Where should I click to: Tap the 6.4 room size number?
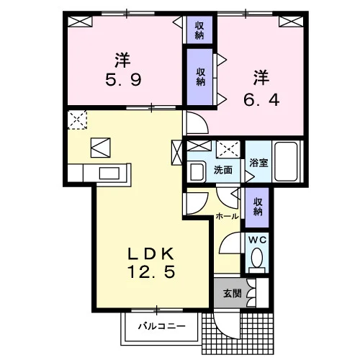[261, 99]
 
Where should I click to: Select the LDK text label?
[150, 254]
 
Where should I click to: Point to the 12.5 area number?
[151, 271]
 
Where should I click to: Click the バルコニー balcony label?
[162, 326]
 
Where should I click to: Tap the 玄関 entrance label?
[232, 293]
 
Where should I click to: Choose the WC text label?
[257, 240]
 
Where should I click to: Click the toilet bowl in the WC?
[257, 258]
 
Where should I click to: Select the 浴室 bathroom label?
[258, 163]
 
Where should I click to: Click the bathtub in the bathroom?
[286, 161]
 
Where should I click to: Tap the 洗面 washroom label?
[223, 170]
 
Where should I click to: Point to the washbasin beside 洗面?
[197, 171]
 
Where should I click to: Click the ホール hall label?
[227, 216]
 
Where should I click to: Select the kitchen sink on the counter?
[109, 174]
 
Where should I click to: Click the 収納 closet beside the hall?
[257, 207]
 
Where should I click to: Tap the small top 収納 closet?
[199, 30]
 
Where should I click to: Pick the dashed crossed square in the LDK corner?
[77, 120]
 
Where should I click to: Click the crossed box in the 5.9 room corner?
[80, 22]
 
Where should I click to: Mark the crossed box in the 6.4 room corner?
[291, 22]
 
